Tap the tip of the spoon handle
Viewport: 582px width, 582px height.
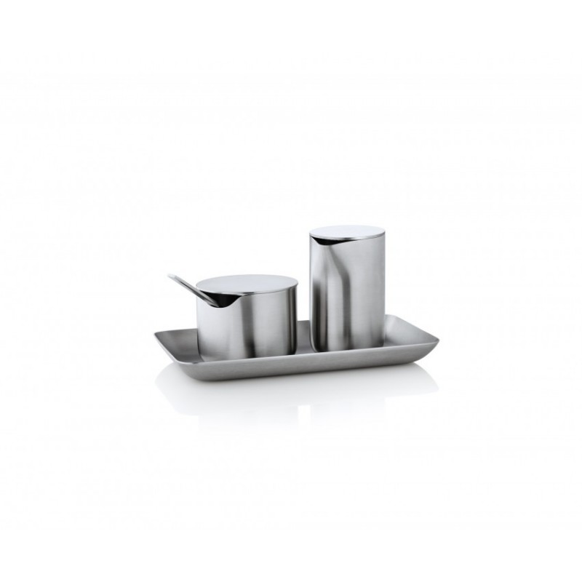pyautogui.click(x=169, y=276)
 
